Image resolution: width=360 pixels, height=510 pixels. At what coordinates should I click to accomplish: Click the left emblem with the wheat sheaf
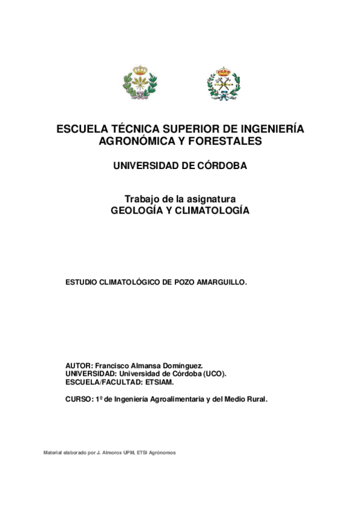pos(139,82)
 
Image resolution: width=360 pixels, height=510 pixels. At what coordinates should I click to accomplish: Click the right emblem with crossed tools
pos(223,83)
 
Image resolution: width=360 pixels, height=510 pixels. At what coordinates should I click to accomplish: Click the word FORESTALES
pos(227,142)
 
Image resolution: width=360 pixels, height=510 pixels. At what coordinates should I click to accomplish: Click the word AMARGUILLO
pos(219,281)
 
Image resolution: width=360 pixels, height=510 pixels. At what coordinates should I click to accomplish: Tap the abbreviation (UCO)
pos(215,373)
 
